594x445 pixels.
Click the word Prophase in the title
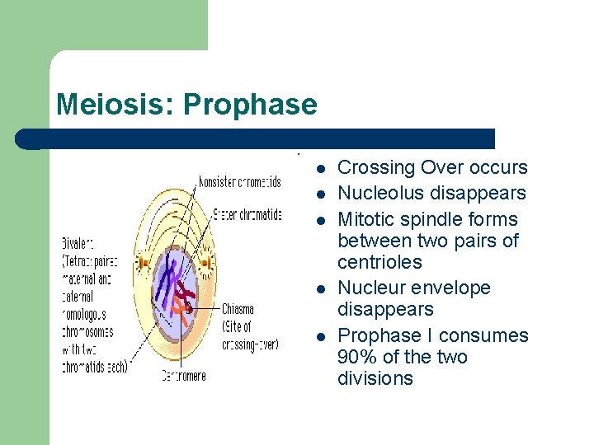pos(250,105)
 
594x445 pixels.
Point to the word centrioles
pos(379,262)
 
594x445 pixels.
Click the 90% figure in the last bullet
pos(356,357)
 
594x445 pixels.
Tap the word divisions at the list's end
pos(375,378)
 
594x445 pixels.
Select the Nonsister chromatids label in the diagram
pos(239,182)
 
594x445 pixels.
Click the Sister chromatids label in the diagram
pos(247,215)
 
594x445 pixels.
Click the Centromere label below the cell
pos(183,376)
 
